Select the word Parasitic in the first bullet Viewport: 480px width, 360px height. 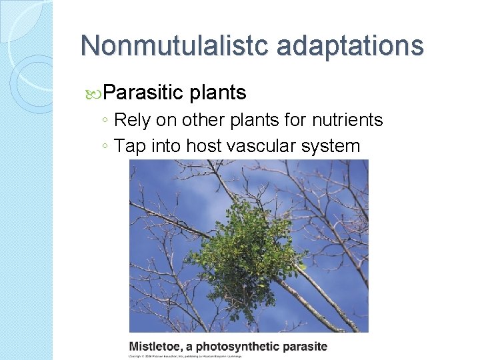pos(143,92)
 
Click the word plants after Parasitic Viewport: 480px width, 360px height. pos(218,92)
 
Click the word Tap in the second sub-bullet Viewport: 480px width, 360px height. pos(129,145)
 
